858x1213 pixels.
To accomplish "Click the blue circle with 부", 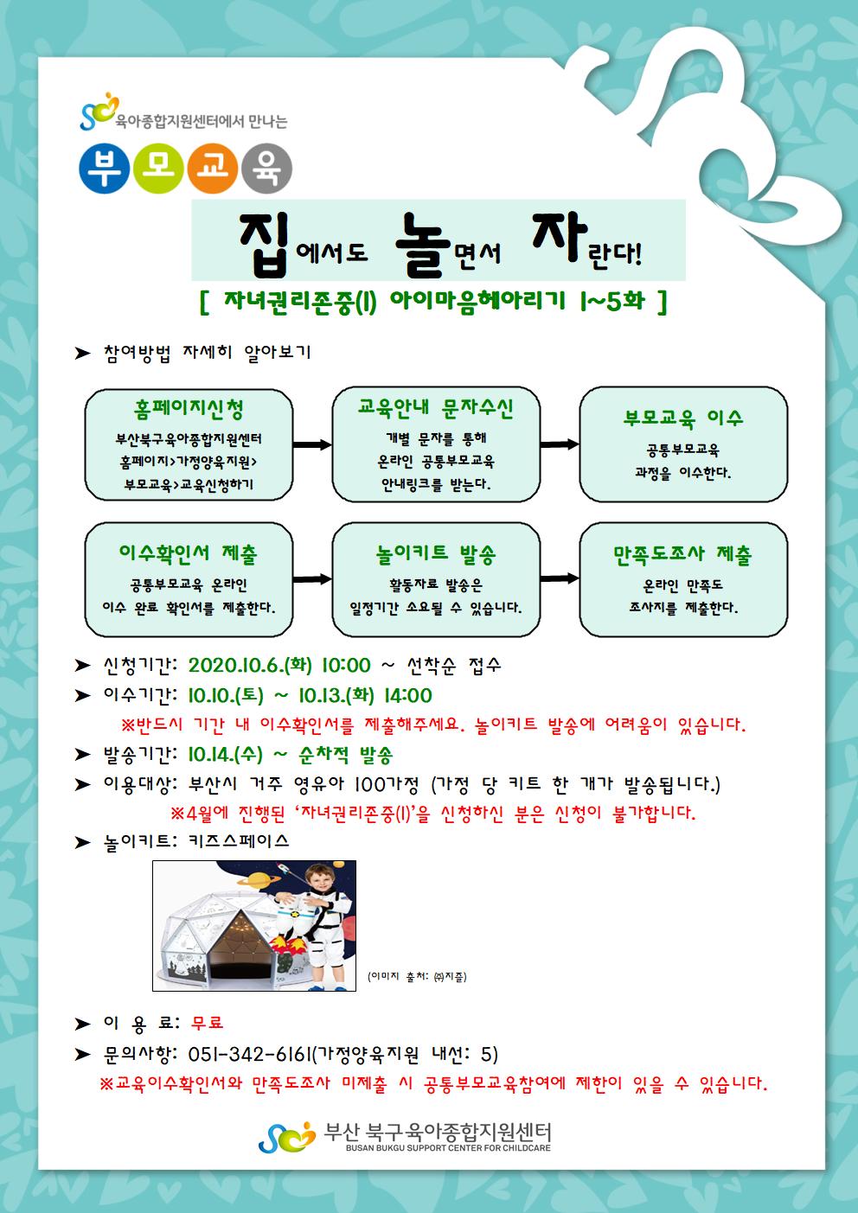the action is (104, 169).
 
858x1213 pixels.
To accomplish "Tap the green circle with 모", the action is (158, 169).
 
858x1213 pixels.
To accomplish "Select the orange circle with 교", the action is (212, 169).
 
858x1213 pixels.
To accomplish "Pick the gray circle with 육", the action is (266, 169).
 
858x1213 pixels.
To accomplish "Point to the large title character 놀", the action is (423, 239).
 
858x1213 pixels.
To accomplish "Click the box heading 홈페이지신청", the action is (189, 410).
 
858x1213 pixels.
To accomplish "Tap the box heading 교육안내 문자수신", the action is (436, 408).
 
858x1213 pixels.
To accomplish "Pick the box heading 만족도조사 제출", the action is (682, 554).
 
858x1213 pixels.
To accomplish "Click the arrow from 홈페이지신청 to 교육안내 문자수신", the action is (312, 444).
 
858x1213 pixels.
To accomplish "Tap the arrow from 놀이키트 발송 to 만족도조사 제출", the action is (560, 579).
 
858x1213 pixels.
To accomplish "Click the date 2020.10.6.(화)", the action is (250, 665).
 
